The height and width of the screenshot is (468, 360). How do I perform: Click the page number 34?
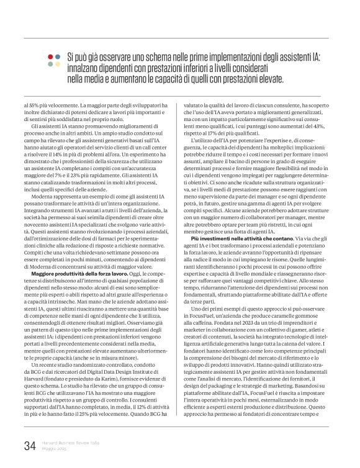(30, 444)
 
